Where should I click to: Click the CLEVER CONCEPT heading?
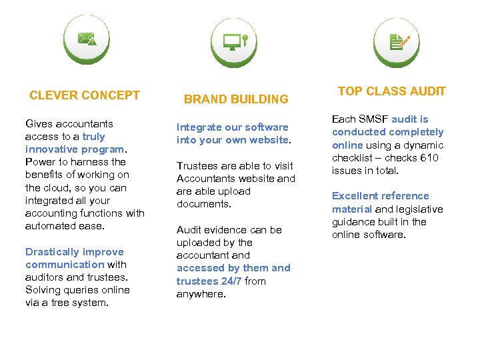85,95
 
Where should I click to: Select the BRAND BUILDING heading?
236,99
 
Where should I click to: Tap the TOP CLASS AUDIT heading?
391,91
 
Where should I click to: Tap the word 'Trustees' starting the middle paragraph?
197,165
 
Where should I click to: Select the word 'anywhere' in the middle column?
201,293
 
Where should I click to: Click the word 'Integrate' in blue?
198,127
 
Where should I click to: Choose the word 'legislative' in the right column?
419,209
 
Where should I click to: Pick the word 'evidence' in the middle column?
227,229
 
